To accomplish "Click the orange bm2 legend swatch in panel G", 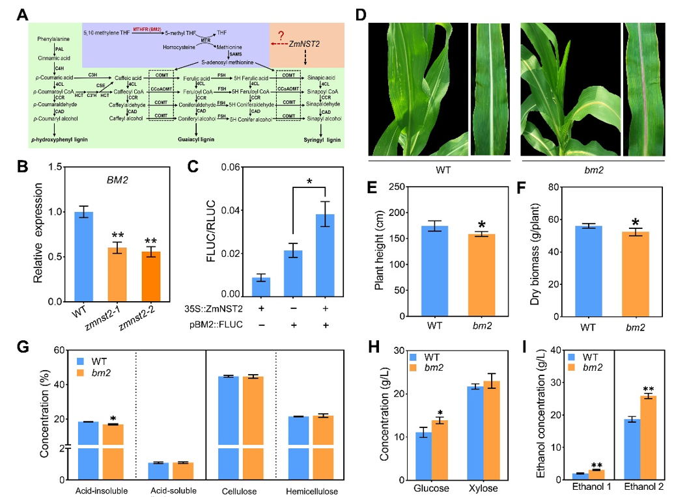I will [81, 373].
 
